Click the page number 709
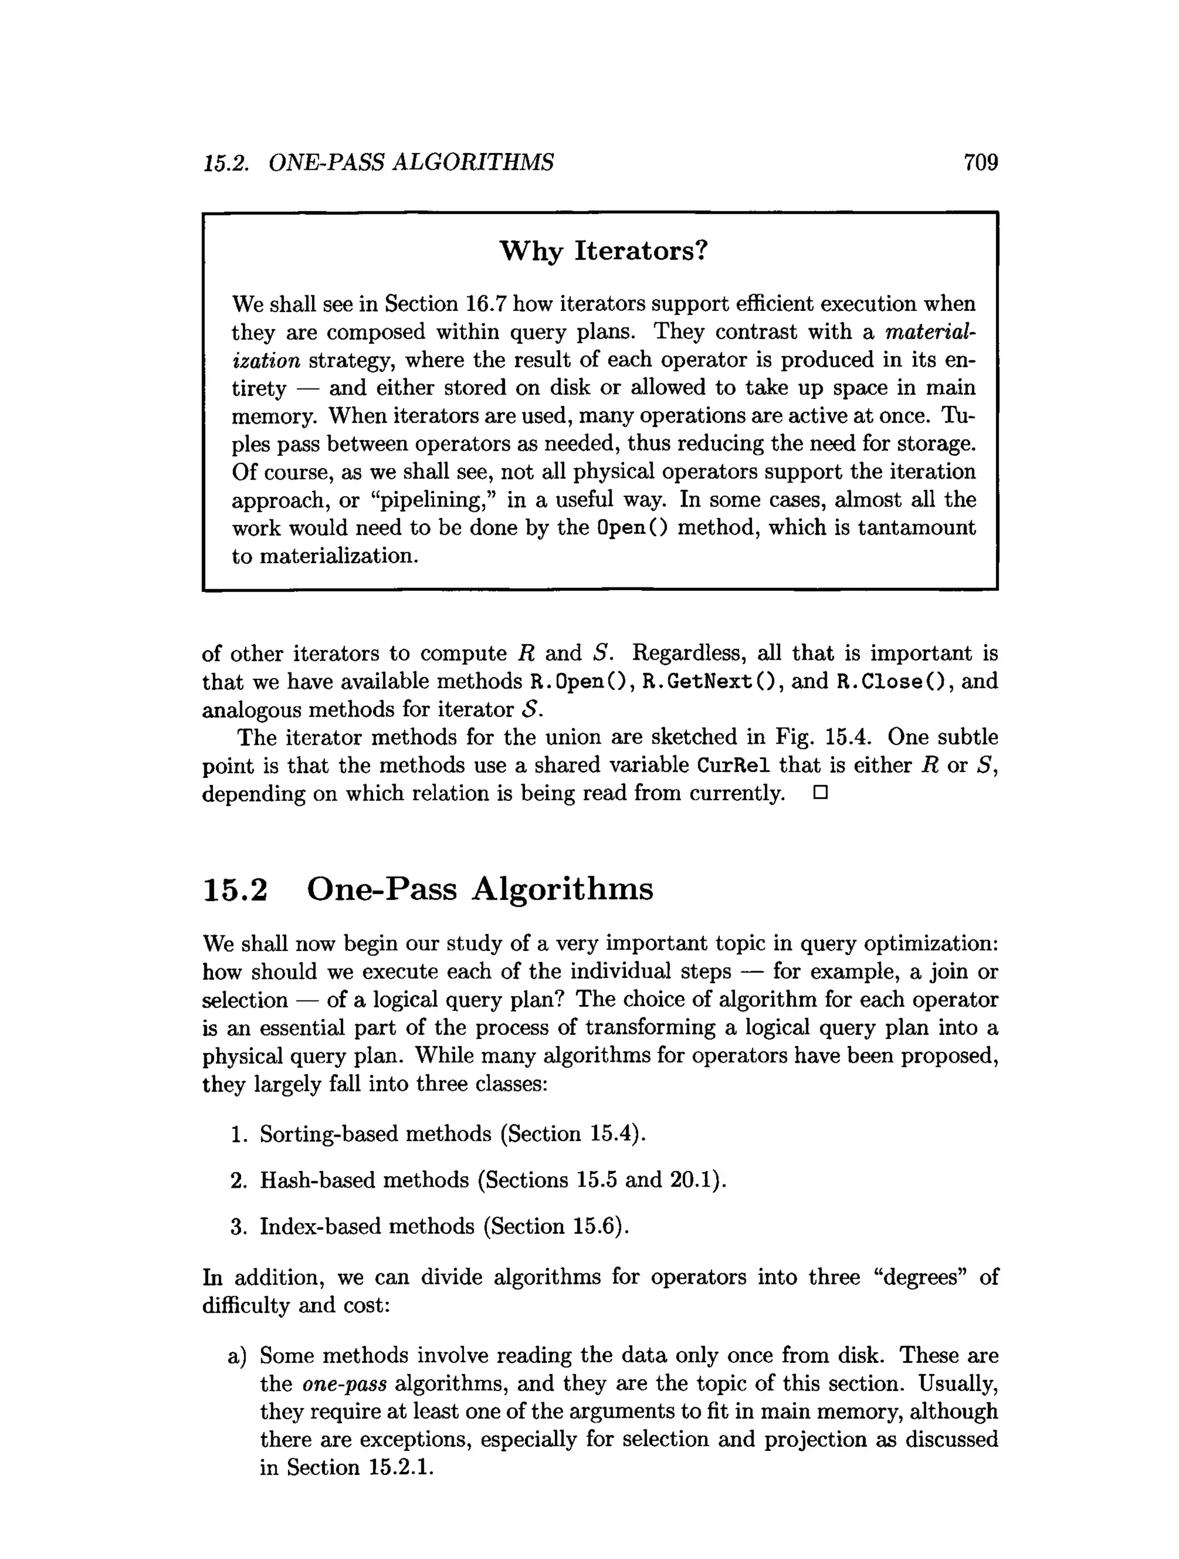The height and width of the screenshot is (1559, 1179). pos(980,163)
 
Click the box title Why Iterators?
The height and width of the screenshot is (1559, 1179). pos(603,251)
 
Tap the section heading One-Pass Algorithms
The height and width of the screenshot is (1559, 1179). pos(480,889)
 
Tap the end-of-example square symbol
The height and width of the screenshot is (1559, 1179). pos(820,793)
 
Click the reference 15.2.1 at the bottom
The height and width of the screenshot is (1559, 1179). pos(399,1467)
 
